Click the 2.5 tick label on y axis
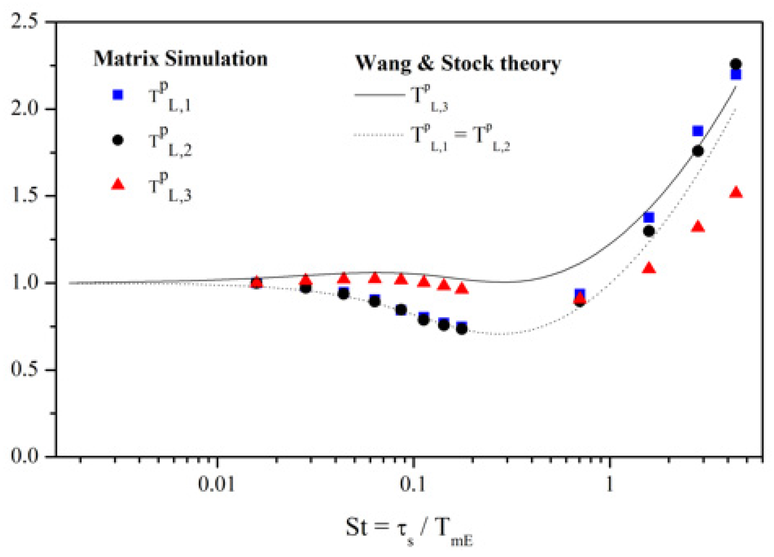[24, 22]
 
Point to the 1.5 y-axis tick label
[24, 196]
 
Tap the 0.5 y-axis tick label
[24, 370]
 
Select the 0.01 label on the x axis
[217, 485]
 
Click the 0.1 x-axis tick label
[413, 485]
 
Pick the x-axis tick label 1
[609, 485]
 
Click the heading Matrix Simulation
[180, 59]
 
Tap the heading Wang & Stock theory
[458, 63]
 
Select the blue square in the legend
[118, 95]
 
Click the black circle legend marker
[118, 140]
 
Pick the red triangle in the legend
[118, 184]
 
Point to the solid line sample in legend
[379, 95]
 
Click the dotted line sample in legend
[379, 135]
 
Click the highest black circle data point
[736, 64]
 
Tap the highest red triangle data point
[736, 193]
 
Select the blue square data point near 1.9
[698, 131]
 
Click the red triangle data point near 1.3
[698, 226]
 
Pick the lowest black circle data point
[462, 329]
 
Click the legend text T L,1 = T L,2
[461, 137]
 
